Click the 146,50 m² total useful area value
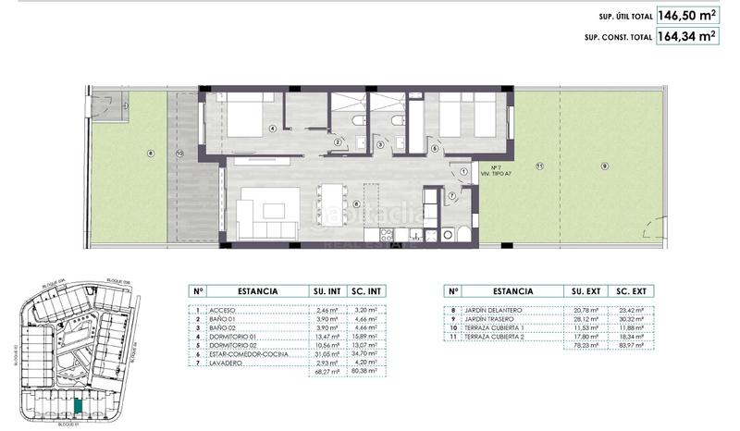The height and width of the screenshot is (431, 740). tap(686, 16)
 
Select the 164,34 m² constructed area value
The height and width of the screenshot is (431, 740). tap(686, 38)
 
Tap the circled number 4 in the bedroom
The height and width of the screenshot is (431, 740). tap(274, 129)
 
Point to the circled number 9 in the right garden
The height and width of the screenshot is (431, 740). tap(604, 166)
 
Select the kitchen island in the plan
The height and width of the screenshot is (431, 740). tap(329, 203)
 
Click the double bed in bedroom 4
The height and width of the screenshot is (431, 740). tap(243, 121)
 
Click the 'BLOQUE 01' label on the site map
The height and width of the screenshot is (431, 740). tap(69, 425)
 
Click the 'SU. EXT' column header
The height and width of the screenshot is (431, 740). tap(583, 290)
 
